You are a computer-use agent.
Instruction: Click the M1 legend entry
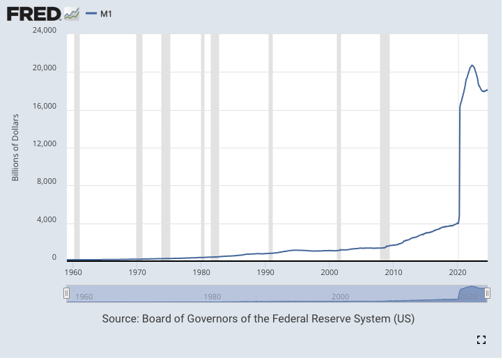click(102, 13)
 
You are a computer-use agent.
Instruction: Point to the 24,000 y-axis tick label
click(44, 31)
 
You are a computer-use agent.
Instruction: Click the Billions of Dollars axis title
click(15, 147)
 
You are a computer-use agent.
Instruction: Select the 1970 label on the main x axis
click(138, 272)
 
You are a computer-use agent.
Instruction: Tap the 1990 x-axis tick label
click(265, 272)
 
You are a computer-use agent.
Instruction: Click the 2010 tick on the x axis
click(394, 272)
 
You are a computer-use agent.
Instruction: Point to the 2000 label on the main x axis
click(330, 272)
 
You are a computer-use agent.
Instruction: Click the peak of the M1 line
click(472, 65)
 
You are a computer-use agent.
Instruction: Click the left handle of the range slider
click(67, 293)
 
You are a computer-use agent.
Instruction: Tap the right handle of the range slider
click(488, 293)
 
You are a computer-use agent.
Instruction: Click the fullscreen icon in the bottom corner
click(481, 340)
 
